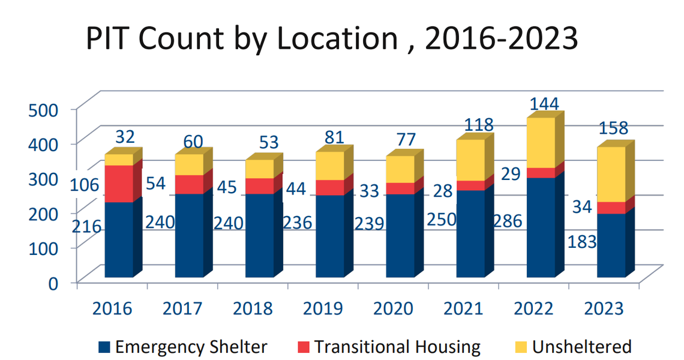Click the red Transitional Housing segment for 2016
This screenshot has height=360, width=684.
(x=119, y=183)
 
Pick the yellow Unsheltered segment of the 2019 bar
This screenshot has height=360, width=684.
(x=329, y=166)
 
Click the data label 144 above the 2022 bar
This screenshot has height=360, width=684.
(x=544, y=104)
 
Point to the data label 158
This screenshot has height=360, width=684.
(x=614, y=128)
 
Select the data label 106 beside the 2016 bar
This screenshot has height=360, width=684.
(x=85, y=185)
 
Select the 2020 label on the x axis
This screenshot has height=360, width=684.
(x=393, y=309)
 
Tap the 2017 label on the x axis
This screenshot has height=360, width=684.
(x=182, y=309)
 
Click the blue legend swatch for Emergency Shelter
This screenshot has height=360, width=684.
(x=104, y=347)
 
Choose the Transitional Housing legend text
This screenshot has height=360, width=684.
(x=397, y=347)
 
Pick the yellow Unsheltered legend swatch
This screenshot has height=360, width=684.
(x=520, y=347)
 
